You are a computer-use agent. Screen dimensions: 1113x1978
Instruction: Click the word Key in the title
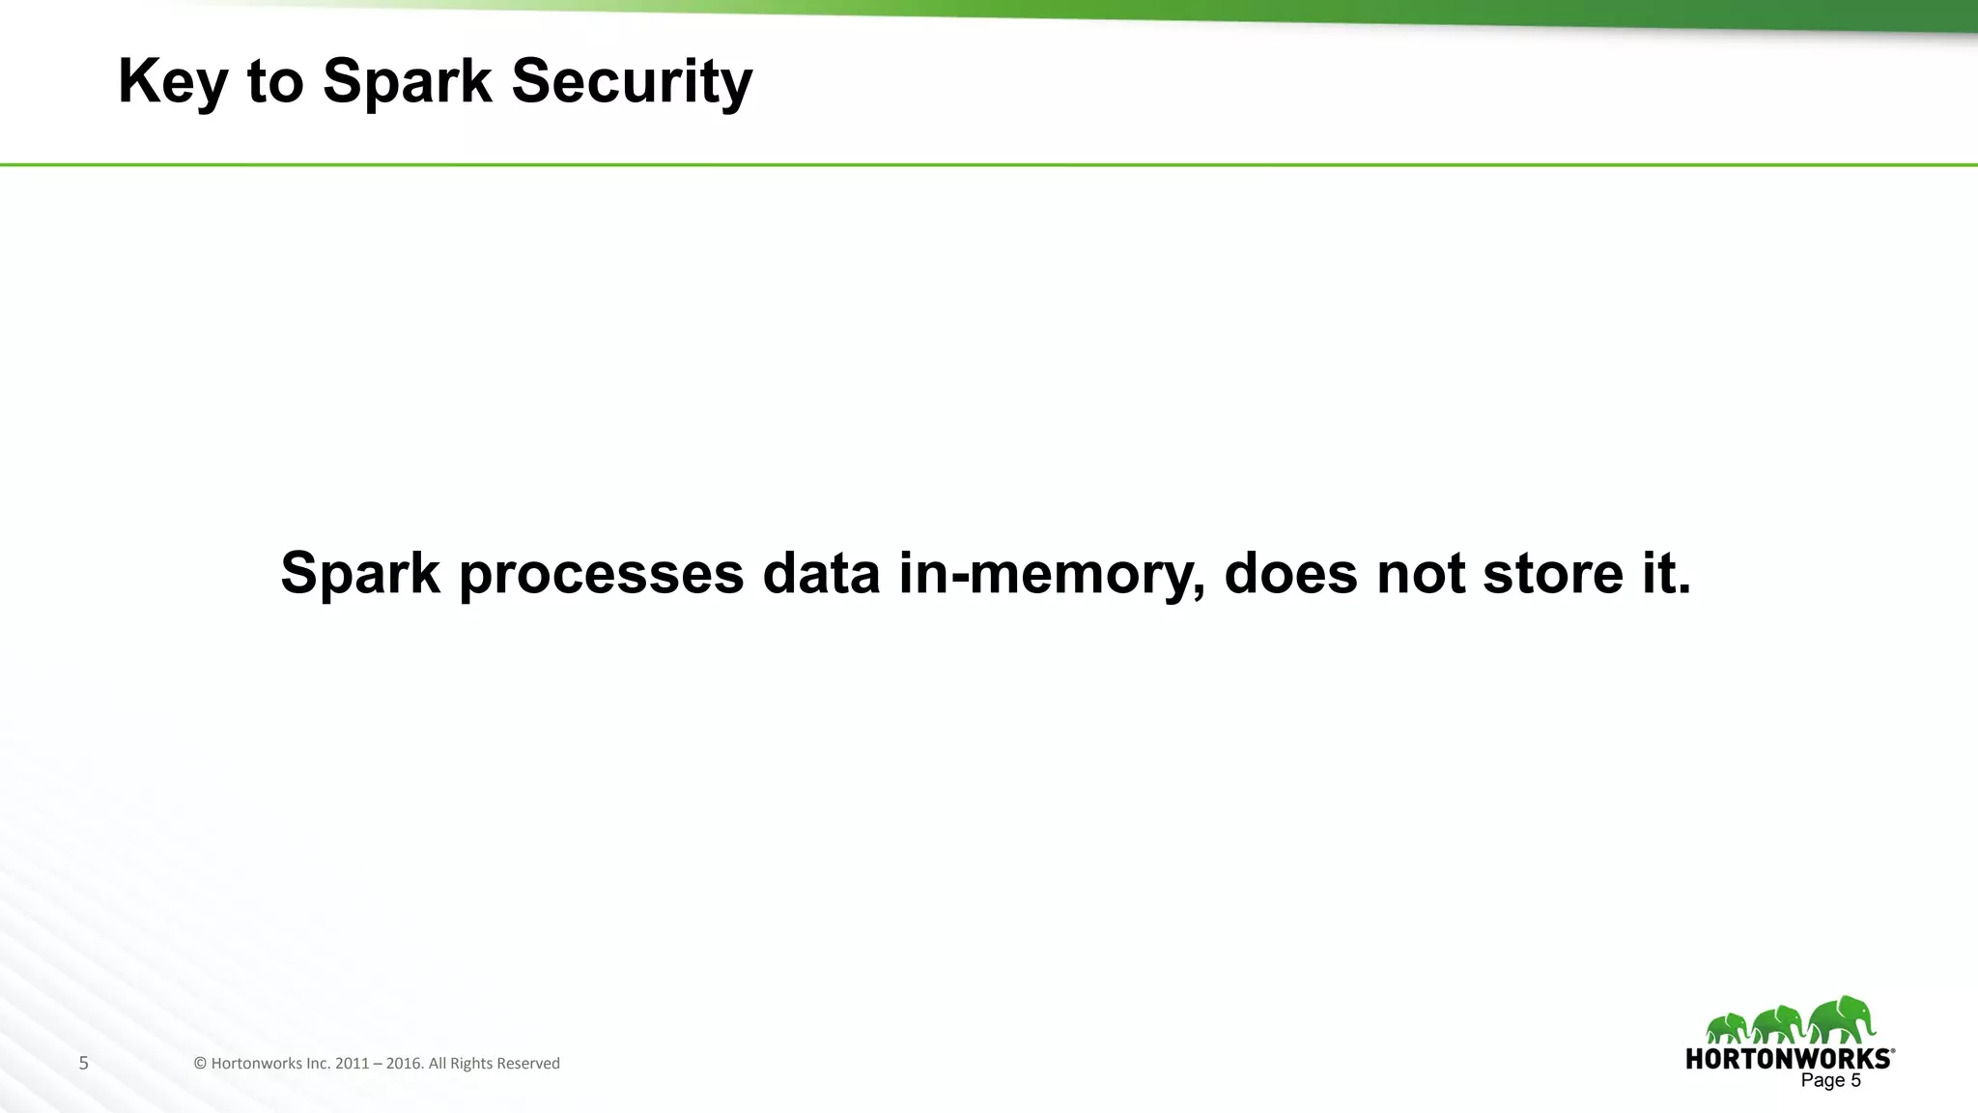(172, 81)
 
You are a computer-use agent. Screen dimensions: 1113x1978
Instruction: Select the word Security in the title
(632, 81)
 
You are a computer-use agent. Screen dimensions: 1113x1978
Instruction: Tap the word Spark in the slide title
(407, 81)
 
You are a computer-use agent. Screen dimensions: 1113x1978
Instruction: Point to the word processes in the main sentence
(601, 574)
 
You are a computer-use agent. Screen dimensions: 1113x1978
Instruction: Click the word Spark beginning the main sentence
(360, 574)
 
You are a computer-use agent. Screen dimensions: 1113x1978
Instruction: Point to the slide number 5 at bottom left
(84, 1064)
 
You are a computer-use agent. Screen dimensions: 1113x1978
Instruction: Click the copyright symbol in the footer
(200, 1064)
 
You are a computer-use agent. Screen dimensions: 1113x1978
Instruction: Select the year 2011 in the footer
(352, 1064)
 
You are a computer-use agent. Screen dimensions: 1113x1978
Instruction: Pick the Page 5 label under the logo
(1830, 1081)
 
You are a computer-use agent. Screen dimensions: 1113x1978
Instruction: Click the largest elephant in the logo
(1843, 1019)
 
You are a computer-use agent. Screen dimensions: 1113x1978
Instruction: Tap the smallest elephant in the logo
(1727, 1028)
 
